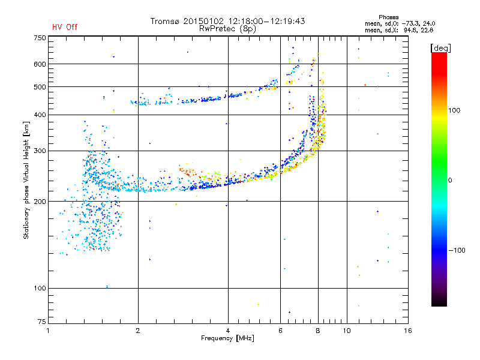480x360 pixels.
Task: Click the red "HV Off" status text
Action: coord(65,27)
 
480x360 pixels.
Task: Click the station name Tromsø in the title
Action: coord(165,21)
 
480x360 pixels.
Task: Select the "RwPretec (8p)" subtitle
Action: coord(227,29)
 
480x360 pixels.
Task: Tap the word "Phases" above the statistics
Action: coord(388,17)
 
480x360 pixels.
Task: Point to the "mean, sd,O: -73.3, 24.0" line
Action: coord(400,23)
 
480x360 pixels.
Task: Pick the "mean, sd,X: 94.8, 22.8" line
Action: coord(399,31)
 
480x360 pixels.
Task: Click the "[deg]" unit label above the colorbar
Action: coord(440,48)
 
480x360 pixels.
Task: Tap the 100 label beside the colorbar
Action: coord(454,110)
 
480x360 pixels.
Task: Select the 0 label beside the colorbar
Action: coord(449,181)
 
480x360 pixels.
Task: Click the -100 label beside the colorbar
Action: coord(457,250)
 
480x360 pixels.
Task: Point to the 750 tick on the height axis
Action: coord(40,38)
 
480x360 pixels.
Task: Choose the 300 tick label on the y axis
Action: coord(40,151)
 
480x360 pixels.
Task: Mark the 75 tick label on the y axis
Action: coord(42,322)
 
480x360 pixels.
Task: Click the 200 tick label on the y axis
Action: coord(40,202)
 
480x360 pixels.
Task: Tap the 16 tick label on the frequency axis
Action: coord(408,331)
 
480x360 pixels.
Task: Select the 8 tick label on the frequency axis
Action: coord(318,331)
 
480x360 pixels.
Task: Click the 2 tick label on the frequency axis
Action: coord(138,331)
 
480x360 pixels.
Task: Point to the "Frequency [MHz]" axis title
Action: coord(227,338)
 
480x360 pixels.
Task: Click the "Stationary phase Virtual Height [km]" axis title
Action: coord(26,181)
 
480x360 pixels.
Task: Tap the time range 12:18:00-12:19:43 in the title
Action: coord(266,21)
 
